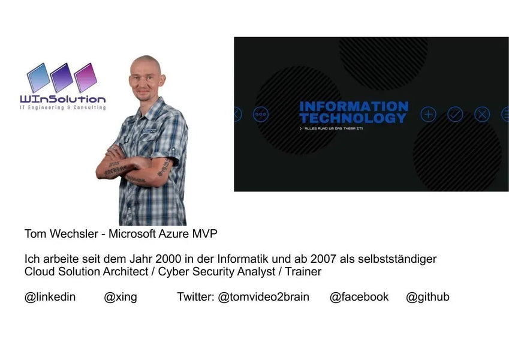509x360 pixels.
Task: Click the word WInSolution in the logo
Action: point(62,99)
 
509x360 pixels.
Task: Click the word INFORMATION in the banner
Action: point(354,107)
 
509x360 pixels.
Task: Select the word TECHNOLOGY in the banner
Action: point(353,118)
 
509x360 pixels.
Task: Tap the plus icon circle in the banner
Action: point(428,114)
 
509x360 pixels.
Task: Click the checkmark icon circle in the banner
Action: point(455,114)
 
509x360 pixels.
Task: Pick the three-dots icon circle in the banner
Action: point(261,114)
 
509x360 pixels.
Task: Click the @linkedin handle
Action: point(50,297)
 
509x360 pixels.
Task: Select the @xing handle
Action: point(121,297)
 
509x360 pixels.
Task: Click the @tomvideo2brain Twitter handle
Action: point(263,297)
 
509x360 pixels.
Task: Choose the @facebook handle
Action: point(359,297)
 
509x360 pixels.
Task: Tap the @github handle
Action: point(427,297)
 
